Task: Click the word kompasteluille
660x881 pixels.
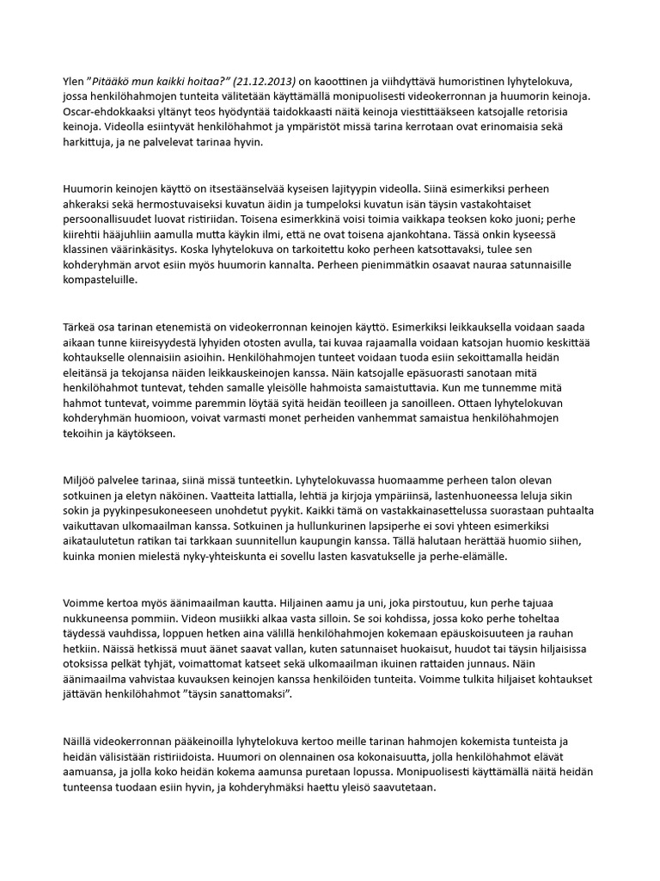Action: point(100,280)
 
